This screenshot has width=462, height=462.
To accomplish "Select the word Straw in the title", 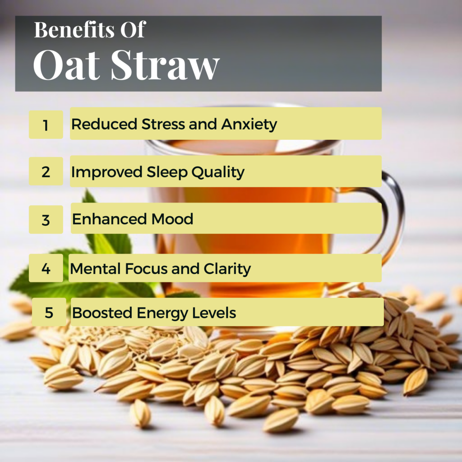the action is pos(165,65).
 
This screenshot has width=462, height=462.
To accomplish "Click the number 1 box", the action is pos(46,125).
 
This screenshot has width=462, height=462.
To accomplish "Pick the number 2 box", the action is pos(46,171).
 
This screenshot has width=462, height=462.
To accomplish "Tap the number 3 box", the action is pos(46,220).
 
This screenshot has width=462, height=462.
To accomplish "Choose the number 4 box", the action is pos(46,268).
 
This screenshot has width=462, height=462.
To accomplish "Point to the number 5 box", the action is pos(49,312).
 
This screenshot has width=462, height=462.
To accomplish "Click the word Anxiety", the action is pos(249,125).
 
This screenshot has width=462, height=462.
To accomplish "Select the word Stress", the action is pos(163,124).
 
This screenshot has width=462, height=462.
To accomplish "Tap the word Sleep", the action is pos(167,172).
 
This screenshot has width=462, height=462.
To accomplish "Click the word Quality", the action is pos(218,172).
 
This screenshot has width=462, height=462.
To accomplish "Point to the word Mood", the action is pos(172,219).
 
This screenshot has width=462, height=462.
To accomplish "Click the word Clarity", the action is pos(227,269).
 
